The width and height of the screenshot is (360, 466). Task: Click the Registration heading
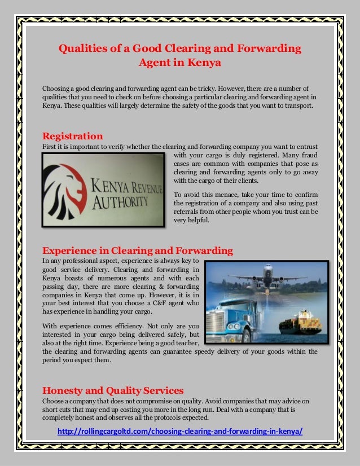point(73,136)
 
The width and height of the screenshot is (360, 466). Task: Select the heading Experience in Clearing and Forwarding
point(138,250)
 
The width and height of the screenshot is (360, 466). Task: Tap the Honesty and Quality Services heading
point(113,389)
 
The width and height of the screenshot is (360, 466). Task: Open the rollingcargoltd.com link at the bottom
point(180,432)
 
